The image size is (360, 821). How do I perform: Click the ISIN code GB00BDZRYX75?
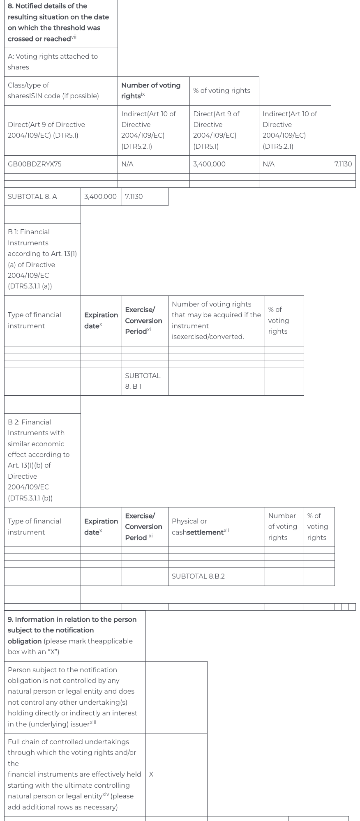pos(35,164)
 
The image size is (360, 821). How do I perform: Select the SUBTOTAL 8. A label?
pos(32,196)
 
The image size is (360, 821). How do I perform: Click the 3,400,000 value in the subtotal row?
pos(100,196)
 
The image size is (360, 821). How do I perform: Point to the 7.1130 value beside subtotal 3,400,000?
pos(134,196)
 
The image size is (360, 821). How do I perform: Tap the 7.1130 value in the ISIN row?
pos(343,164)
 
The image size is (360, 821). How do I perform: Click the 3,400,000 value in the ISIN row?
pos(209,164)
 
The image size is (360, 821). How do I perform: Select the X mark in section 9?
pos(151,774)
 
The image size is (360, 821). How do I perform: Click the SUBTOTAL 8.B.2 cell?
pos(198,576)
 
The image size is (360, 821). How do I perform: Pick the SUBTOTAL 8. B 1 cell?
pos(143,381)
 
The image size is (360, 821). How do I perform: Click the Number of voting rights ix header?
pos(151,90)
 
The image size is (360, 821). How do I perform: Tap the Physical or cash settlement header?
pos(200,526)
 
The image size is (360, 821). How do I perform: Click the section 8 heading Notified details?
pos(58,22)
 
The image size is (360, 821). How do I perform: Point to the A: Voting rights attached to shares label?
pos(53,62)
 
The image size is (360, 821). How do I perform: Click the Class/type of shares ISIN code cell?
pos(53,90)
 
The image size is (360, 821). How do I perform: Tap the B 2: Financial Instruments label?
pos(39,460)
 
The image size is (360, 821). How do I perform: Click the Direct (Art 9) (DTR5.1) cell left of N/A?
pos(46,130)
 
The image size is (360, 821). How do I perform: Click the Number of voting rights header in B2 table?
pos(282,526)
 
